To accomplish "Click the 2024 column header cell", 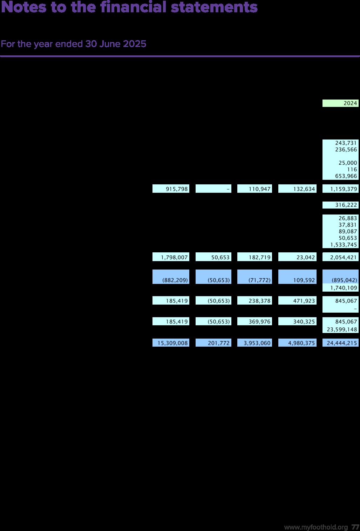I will tap(340, 103).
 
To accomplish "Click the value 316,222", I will tap(340, 205).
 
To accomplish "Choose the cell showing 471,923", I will tap(297, 301).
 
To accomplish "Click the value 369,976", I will tap(254, 321).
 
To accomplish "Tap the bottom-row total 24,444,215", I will tap(340, 343).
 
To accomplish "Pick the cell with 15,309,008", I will tap(171, 343).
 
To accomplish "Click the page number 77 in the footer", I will tap(355, 527).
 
